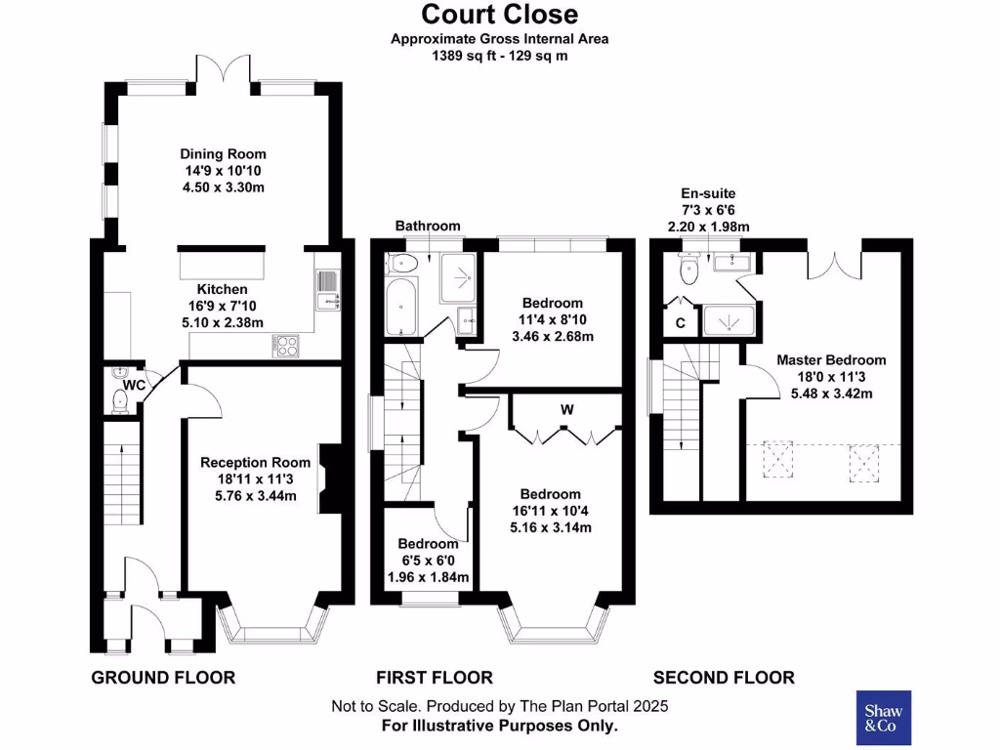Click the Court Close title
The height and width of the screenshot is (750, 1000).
[x=499, y=15]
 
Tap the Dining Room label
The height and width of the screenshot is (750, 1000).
[x=223, y=154]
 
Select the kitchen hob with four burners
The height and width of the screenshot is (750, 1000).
[x=290, y=344]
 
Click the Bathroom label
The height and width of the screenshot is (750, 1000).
[x=427, y=226]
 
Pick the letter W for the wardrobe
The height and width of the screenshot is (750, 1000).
[x=565, y=410]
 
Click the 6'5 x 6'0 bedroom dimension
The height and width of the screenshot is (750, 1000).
[x=428, y=561]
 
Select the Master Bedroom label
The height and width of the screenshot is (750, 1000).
[x=831, y=360]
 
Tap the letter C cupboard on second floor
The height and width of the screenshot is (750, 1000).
[x=680, y=323]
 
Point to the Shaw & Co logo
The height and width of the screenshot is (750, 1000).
[x=883, y=718]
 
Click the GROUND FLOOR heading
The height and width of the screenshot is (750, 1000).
[x=163, y=678]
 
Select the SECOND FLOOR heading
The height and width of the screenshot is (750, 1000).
[x=723, y=678]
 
